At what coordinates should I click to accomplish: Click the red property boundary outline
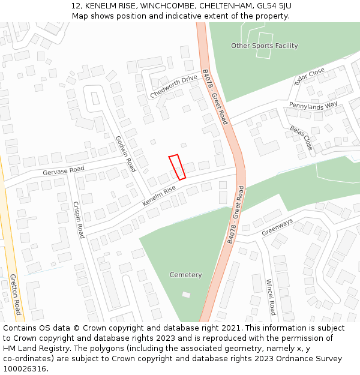[x=177, y=167]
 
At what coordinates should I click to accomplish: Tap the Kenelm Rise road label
[x=159, y=196]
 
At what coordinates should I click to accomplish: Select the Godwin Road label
[x=126, y=154]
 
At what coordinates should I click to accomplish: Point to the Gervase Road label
[x=63, y=170]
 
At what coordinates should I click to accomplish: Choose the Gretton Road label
[x=15, y=294]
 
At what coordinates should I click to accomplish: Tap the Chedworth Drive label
[x=173, y=86]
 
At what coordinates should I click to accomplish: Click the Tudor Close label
[x=309, y=76]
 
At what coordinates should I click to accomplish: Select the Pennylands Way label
[x=313, y=106]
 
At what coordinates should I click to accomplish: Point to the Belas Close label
[x=301, y=137]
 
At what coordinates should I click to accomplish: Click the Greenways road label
[x=277, y=227]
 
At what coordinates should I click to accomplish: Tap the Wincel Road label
[x=270, y=296]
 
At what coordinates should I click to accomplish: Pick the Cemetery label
[x=185, y=275]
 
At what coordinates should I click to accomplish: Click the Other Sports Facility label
[x=264, y=46]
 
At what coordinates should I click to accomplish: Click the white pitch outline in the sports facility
[x=264, y=45]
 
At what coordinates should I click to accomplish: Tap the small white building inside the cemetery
[x=186, y=295]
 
